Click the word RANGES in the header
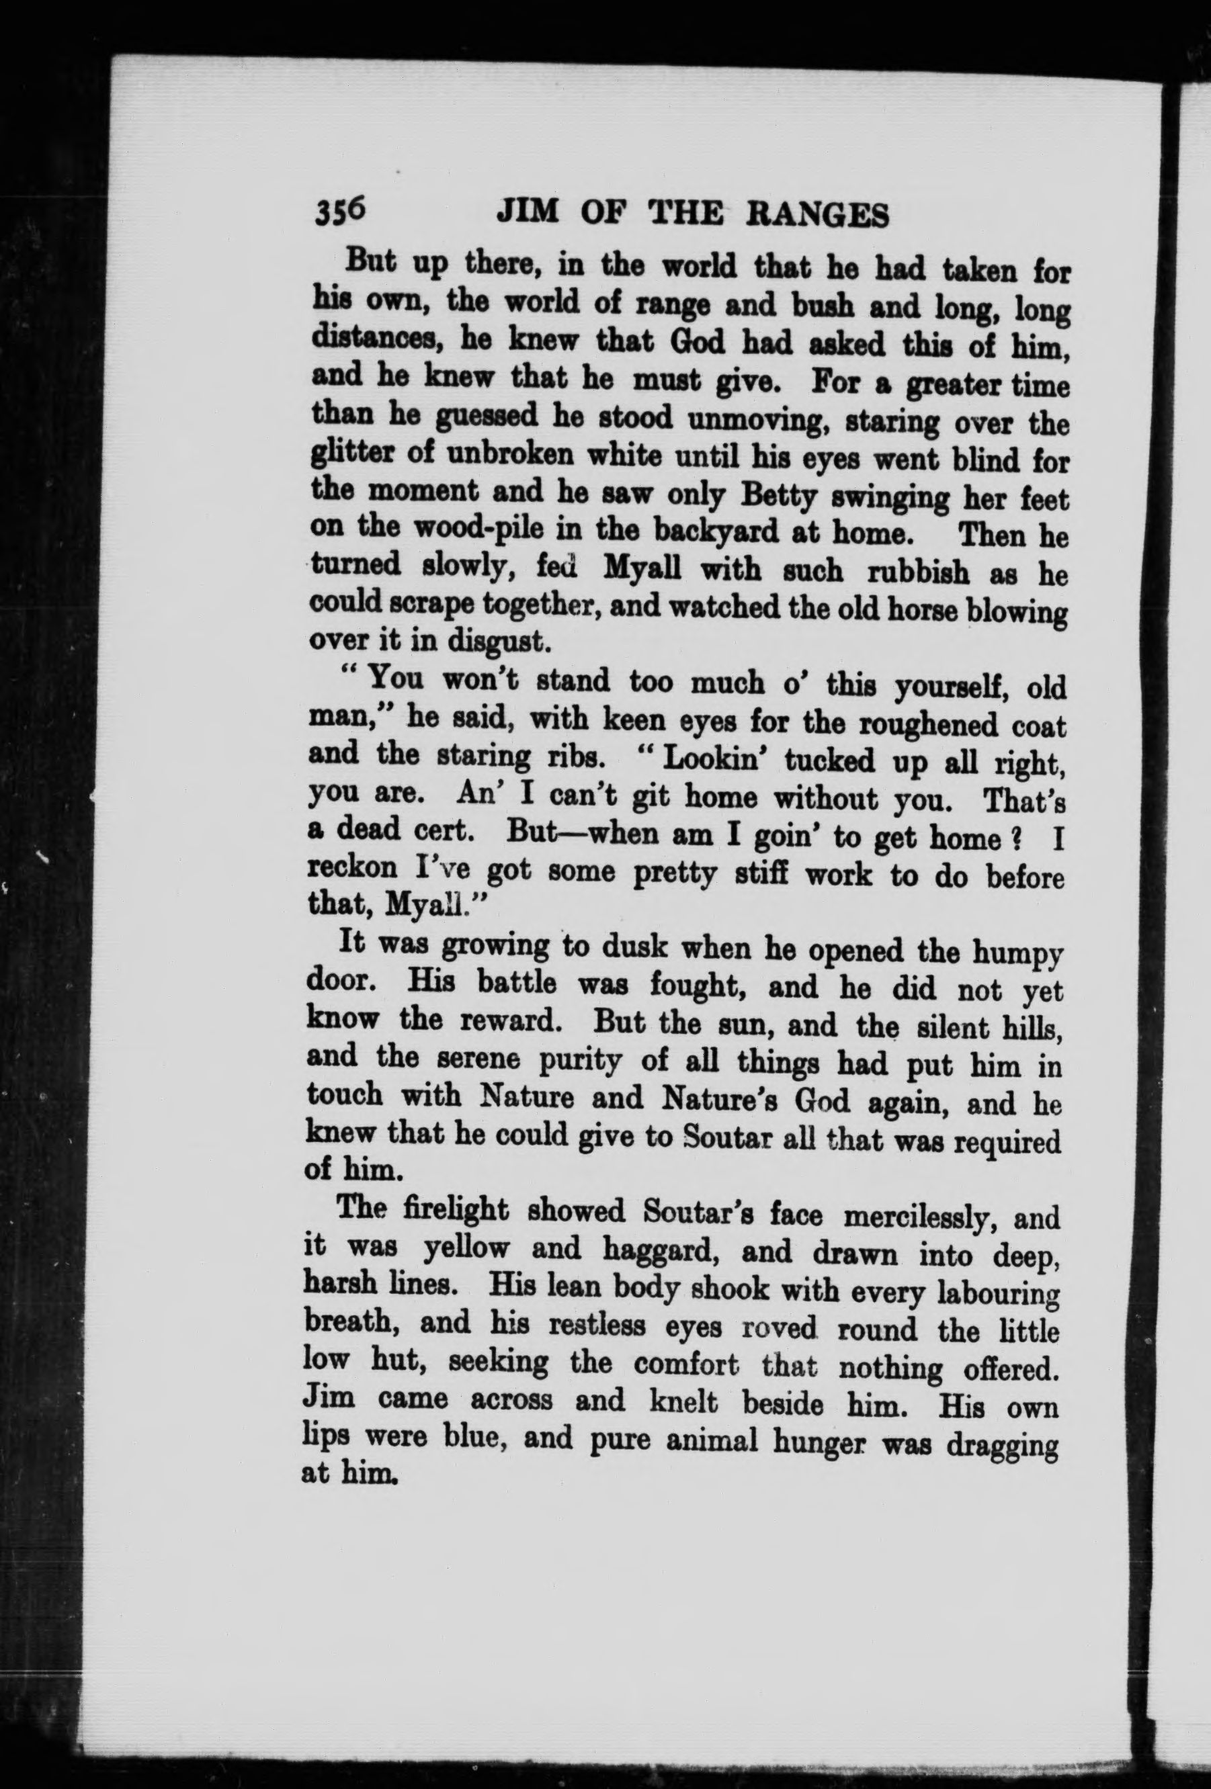tap(819, 216)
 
